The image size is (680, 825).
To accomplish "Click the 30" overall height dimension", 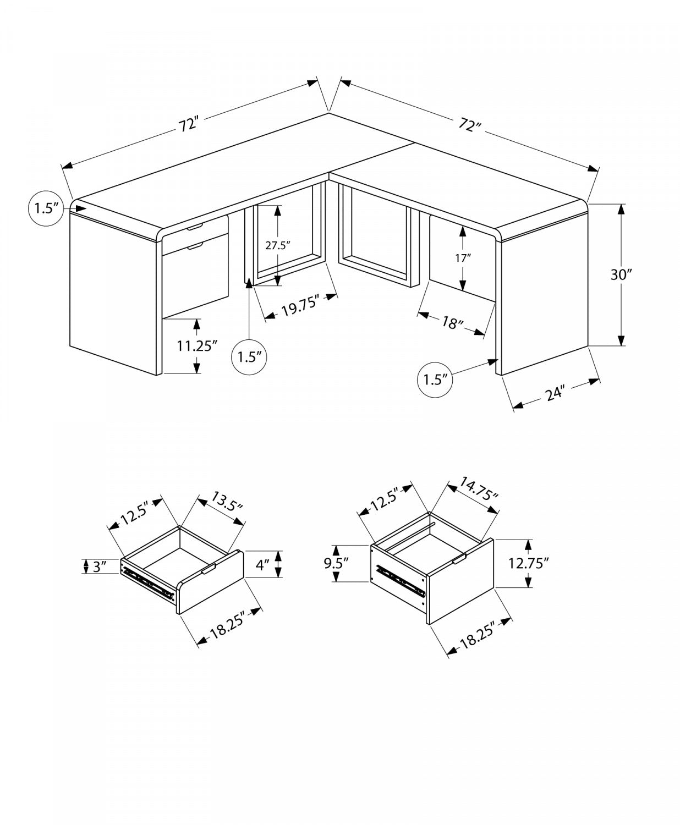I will click(622, 274).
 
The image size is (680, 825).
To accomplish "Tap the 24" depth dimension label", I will click(556, 394).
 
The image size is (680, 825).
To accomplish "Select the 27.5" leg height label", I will click(277, 245).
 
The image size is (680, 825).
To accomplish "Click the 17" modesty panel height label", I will click(464, 258).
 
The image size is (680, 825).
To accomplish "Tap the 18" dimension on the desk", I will click(451, 323).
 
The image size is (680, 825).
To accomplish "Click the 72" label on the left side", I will click(188, 124).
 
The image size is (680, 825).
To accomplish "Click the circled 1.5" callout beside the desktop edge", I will click(46, 208).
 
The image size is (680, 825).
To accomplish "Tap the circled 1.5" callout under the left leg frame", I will click(250, 356).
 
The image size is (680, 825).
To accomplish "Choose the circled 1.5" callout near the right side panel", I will click(435, 379).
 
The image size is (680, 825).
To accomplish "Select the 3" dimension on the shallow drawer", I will click(100, 566).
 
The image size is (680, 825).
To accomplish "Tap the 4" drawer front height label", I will click(262, 564).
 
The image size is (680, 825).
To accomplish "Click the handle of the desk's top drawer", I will click(195, 227).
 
